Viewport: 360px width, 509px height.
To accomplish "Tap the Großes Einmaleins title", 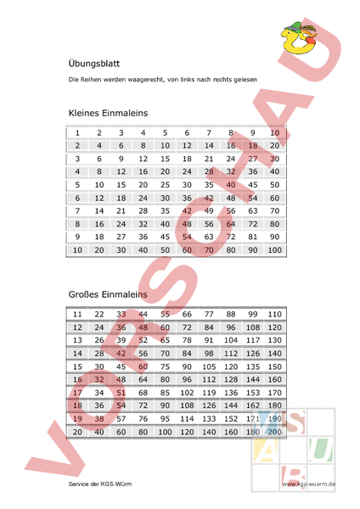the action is pyautogui.click(x=108, y=294).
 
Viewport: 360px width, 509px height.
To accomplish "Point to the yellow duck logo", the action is pyautogui.click(x=299, y=36).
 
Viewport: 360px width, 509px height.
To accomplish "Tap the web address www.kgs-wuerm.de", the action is pyautogui.click(x=310, y=484).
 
